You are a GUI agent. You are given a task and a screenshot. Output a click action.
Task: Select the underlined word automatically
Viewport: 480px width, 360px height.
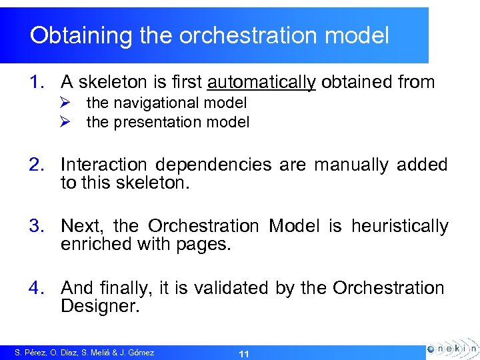click(261, 82)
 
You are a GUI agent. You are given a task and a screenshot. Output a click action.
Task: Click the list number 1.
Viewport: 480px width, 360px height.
click(37, 82)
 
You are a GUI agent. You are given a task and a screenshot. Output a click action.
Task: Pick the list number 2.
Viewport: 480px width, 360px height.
click(37, 165)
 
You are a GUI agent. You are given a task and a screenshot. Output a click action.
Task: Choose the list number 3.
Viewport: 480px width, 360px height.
click(37, 227)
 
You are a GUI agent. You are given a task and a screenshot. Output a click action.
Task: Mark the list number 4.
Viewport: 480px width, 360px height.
click(37, 288)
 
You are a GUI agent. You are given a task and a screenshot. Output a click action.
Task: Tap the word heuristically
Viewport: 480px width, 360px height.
click(399, 227)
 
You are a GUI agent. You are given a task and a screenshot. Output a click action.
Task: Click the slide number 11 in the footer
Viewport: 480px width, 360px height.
click(243, 353)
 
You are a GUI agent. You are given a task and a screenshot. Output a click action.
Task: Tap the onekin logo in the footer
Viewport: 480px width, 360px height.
click(451, 349)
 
